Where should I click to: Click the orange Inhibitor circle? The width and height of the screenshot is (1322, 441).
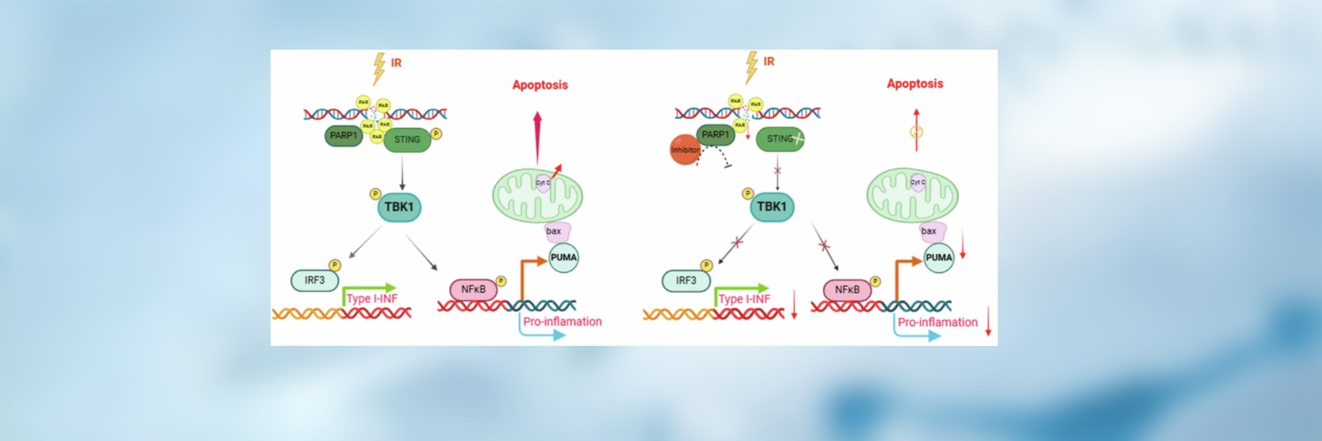click(x=684, y=150)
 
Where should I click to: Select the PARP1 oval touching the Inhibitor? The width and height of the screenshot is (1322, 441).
click(x=715, y=135)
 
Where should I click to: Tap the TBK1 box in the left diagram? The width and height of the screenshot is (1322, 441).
click(x=399, y=207)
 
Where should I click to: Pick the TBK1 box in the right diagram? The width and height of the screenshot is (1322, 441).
click(x=771, y=207)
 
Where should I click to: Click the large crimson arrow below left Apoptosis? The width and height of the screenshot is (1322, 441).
click(x=538, y=139)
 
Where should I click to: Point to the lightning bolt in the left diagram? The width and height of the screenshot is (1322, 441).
click(x=379, y=68)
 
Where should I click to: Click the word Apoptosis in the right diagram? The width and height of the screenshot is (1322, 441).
click(x=914, y=83)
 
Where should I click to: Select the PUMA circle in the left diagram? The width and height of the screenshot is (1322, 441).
click(x=563, y=258)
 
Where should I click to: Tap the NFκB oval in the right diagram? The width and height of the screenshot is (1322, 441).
click(x=847, y=290)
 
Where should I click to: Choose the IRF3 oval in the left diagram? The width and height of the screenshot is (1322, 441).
click(x=315, y=280)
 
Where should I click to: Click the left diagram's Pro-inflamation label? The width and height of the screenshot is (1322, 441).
click(x=562, y=322)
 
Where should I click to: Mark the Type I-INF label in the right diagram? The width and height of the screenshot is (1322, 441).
click(x=744, y=299)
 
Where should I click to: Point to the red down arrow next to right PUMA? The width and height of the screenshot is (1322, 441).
click(x=963, y=245)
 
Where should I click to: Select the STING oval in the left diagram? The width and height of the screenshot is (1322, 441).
click(x=407, y=140)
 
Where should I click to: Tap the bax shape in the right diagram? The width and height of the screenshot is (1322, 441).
click(x=930, y=232)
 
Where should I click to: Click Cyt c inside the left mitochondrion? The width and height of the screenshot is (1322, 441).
click(x=543, y=183)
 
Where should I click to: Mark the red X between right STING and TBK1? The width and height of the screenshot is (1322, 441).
click(x=777, y=170)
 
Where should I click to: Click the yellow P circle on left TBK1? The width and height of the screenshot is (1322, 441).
click(x=375, y=194)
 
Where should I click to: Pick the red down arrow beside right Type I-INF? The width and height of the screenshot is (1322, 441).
click(x=794, y=305)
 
